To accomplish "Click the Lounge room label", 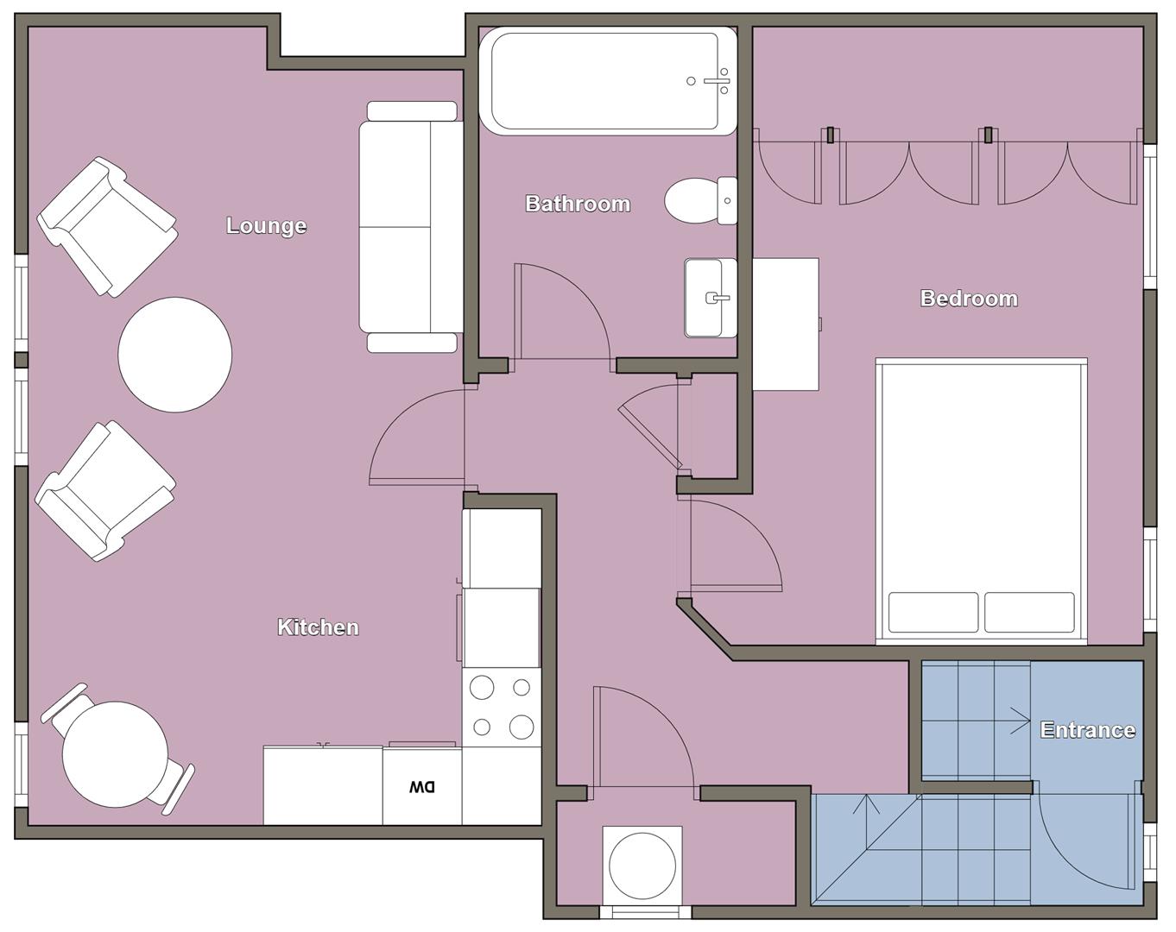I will [x=266, y=225].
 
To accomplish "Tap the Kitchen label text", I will [x=318, y=627].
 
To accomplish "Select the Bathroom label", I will [x=578, y=204].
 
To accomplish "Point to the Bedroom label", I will [x=969, y=299].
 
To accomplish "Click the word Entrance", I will [x=1087, y=730].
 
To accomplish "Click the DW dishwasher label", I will [x=422, y=786].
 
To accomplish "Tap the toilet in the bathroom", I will [x=693, y=200].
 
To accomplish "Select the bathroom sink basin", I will [x=711, y=298].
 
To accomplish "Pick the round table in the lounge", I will [x=174, y=355].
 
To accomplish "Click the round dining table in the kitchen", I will [x=116, y=754].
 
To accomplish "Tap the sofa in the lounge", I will [x=411, y=227].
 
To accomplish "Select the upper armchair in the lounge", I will [x=108, y=227].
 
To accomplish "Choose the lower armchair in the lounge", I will [x=106, y=491].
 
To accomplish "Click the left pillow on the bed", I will [x=933, y=613].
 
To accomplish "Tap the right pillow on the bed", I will [x=1029, y=613].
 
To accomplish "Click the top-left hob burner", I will [x=482, y=688].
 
